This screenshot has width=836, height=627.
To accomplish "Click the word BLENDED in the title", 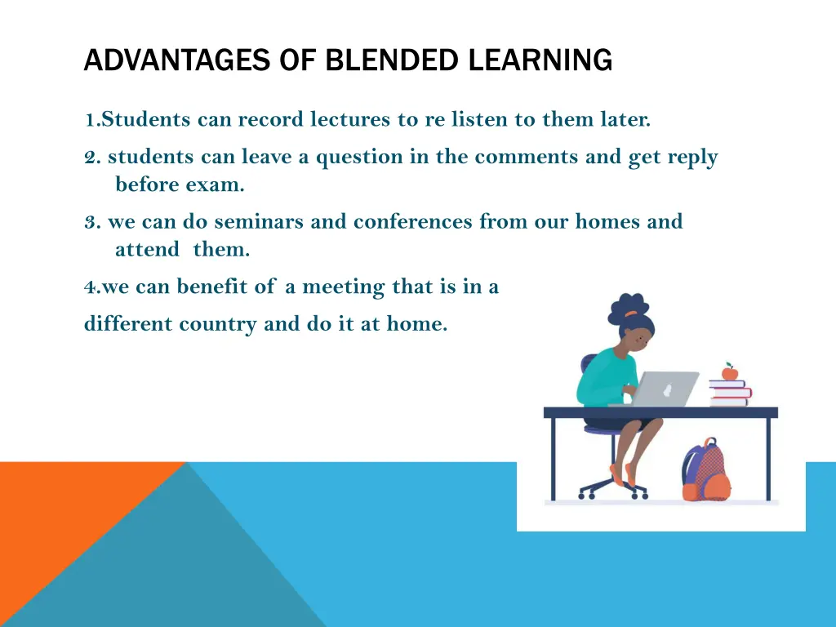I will [393, 60].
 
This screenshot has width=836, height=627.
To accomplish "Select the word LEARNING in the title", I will [540, 60].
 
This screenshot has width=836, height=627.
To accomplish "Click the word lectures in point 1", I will [351, 120].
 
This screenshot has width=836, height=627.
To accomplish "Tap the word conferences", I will [412, 222].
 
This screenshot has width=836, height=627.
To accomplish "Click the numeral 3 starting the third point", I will [89, 222].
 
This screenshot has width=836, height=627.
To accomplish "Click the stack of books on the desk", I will [729, 394].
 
